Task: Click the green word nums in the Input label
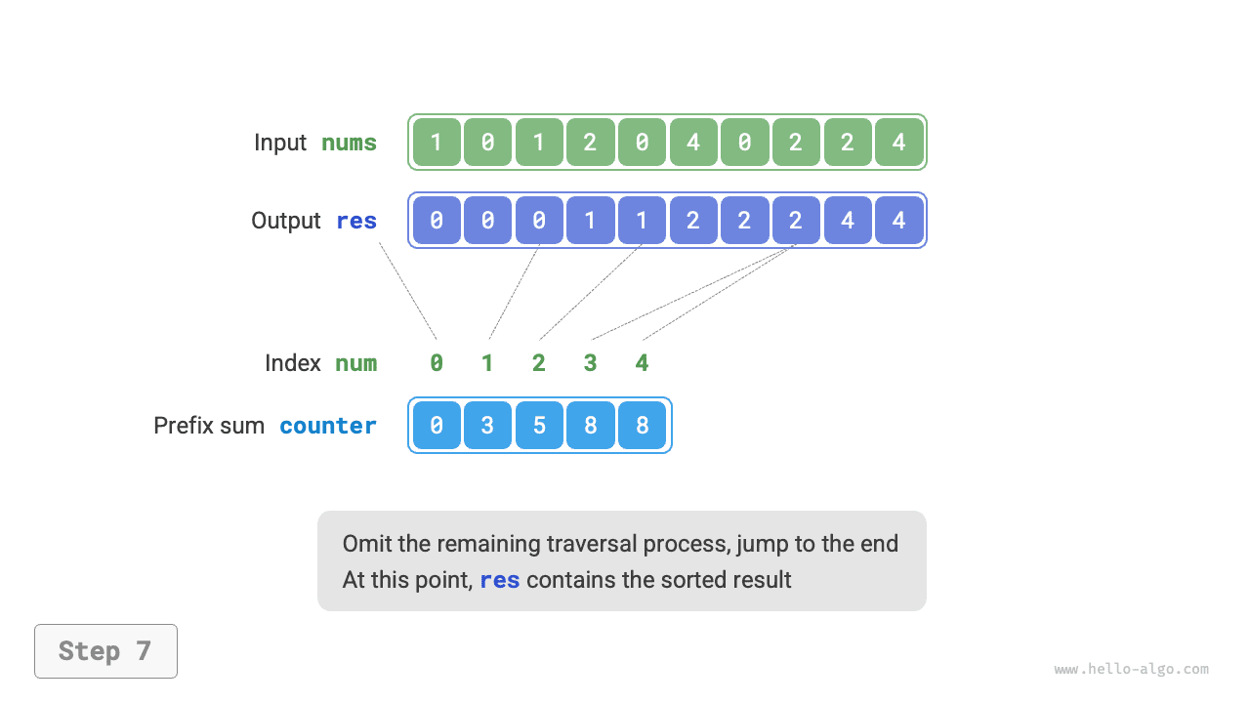[x=349, y=143]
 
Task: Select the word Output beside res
[x=285, y=221]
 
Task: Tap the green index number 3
[x=590, y=363]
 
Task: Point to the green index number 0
[x=437, y=363]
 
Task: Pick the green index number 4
[x=642, y=363]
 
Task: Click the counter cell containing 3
[x=487, y=426]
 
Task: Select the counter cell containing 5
[x=539, y=426]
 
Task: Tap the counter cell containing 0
[x=437, y=426]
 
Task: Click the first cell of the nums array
[x=437, y=143]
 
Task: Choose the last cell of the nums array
[x=898, y=143]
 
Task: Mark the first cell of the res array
[x=437, y=221]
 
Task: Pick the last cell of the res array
[x=898, y=221]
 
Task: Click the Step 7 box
[x=105, y=651]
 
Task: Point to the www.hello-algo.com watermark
[x=1131, y=670]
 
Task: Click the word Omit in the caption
[x=363, y=544]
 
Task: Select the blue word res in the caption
[x=499, y=580]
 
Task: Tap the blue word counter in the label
[x=328, y=426]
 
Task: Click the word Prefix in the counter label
[x=183, y=426]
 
